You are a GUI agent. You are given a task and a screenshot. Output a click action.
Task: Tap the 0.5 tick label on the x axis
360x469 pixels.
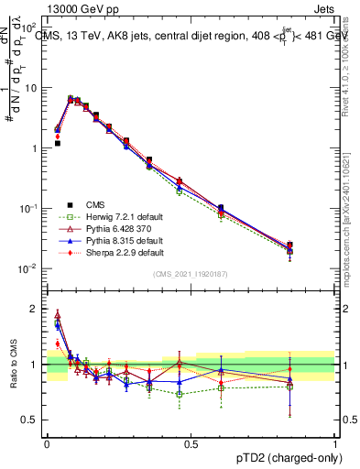pyautogui.click(x=191, y=443)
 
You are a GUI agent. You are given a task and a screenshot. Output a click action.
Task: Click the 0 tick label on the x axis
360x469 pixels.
pyautogui.click(x=47, y=443)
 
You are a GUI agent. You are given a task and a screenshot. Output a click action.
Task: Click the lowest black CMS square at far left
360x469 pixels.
pyautogui.click(x=57, y=143)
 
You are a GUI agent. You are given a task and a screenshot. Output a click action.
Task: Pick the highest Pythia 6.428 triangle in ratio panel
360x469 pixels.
pyautogui.click(x=57, y=314)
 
